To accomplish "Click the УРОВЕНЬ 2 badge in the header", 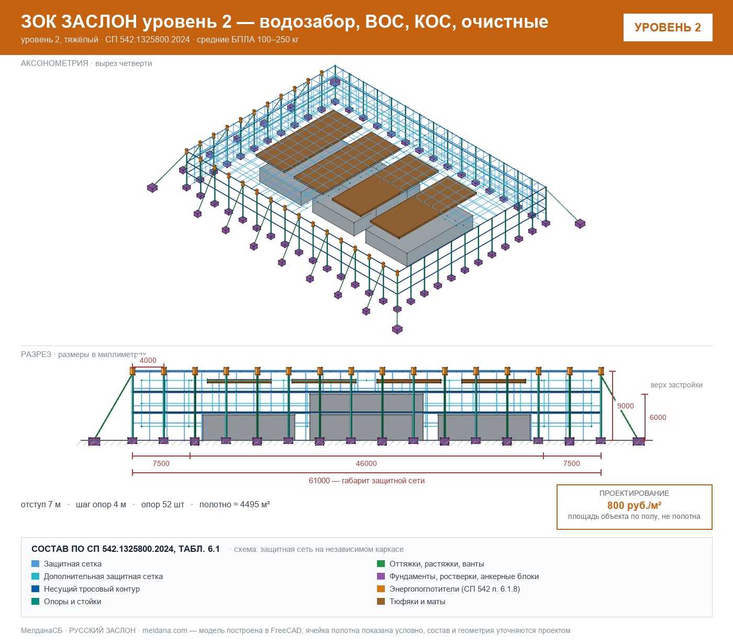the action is pyautogui.click(x=668, y=28).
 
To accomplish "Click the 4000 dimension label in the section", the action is pyautogui.click(x=148, y=360).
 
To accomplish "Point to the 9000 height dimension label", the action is pyautogui.click(x=625, y=406).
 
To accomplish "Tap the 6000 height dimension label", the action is pyautogui.click(x=658, y=417).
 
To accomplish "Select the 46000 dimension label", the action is pyautogui.click(x=366, y=463).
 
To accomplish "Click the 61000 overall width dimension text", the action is pyautogui.click(x=366, y=481).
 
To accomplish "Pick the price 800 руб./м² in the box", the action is pyautogui.click(x=634, y=505).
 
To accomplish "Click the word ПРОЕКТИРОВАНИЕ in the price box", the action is pyautogui.click(x=634, y=493).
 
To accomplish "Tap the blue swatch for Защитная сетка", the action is pyautogui.click(x=36, y=564).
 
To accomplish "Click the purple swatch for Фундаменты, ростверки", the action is pyautogui.click(x=381, y=576).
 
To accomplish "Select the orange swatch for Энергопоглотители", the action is pyautogui.click(x=381, y=589).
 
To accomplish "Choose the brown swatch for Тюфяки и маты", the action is pyautogui.click(x=381, y=602).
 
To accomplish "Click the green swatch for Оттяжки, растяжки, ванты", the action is pyautogui.click(x=381, y=564).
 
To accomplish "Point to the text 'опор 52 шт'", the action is pyautogui.click(x=163, y=504).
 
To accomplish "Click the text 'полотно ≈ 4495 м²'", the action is pyautogui.click(x=235, y=504).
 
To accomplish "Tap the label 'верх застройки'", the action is pyautogui.click(x=676, y=385).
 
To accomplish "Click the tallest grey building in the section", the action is pyautogui.click(x=366, y=417).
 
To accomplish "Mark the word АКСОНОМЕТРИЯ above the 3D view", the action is pyautogui.click(x=54, y=63).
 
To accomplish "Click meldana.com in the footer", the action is pyautogui.click(x=164, y=630).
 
